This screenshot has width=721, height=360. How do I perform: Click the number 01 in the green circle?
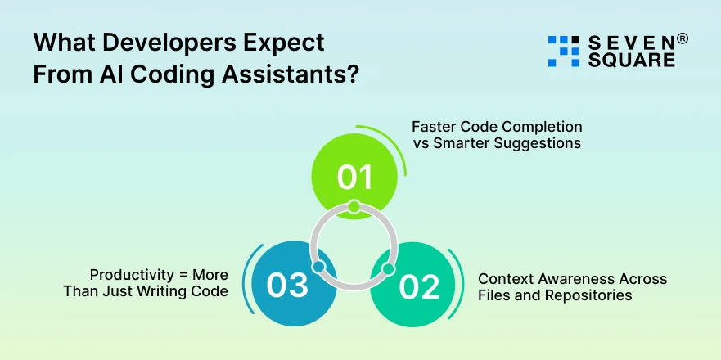(354, 177)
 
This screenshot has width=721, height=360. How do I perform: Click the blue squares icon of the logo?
(562, 51)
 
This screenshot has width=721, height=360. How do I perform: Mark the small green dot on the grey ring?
(354, 206)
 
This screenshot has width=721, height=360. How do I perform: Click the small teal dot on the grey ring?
(388, 268)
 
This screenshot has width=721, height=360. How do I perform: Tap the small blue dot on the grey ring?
(318, 268)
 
